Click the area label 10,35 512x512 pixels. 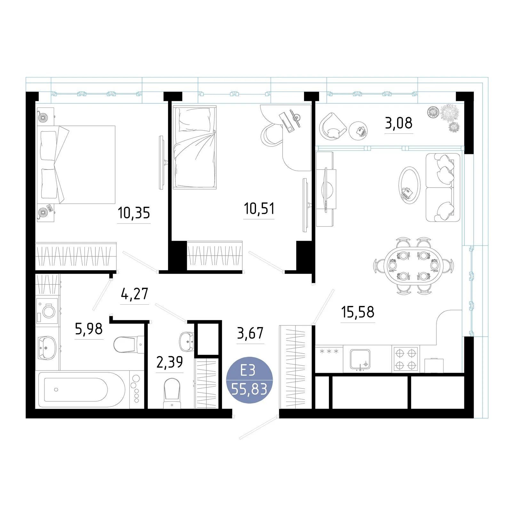(134, 213)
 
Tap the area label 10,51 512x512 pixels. (259, 209)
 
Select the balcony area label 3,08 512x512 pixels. (398, 123)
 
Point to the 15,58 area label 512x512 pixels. (357, 312)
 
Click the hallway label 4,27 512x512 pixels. (134, 294)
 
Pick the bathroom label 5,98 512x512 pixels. (89, 329)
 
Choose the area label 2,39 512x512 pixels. (170, 362)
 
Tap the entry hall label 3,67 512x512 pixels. (250, 333)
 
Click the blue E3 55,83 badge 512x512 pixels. (249, 380)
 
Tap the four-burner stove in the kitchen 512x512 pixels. (405, 359)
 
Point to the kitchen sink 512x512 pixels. (360, 359)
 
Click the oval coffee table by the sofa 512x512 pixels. (409, 185)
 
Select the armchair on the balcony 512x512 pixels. (332, 126)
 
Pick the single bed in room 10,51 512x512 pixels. (195, 147)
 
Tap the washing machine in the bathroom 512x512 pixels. (47, 311)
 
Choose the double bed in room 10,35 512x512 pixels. (76, 164)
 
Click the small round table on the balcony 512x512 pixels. (358, 131)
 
